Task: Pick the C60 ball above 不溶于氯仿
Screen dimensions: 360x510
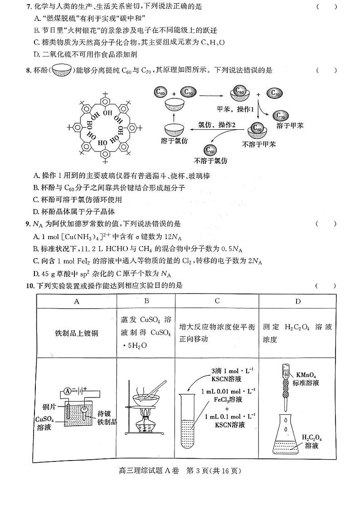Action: [210, 149]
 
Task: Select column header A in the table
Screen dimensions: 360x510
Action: [76, 301]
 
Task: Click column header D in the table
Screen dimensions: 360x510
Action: [297, 301]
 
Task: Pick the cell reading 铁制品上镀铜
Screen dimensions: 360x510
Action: [76, 333]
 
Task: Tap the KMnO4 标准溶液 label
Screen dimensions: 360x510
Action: [308, 379]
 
